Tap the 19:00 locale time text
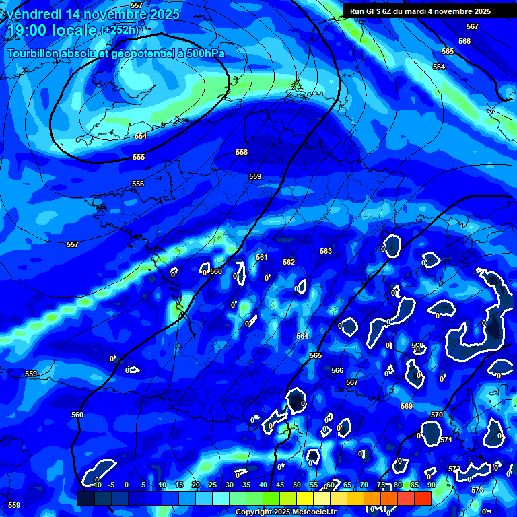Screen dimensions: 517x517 52,30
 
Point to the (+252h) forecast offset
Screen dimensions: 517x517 120,30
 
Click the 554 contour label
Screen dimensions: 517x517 140,136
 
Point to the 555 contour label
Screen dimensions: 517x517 139,157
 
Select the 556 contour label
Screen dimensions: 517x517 138,184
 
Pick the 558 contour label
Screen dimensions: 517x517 242,153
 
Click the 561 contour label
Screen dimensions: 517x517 262,258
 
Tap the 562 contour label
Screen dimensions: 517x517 289,262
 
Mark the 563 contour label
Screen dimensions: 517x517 326,251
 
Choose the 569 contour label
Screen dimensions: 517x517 407,406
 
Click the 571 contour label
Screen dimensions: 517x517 446,440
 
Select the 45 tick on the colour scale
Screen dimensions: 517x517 279,485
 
